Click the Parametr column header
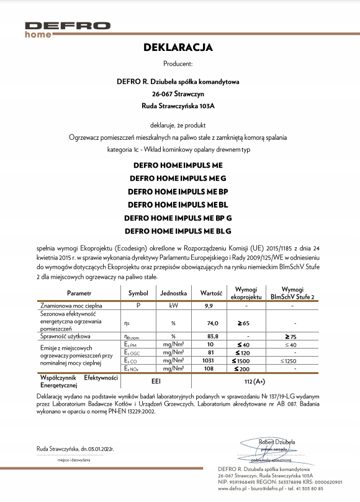click(79, 292)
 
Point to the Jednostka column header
click(174, 292)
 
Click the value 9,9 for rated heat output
click(209, 306)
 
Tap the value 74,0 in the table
click(212, 323)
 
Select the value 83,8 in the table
click(212, 336)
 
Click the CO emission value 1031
click(210, 360)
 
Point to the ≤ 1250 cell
click(289, 360)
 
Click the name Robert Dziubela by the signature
click(277, 442)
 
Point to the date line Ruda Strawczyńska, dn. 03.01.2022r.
click(74, 447)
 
